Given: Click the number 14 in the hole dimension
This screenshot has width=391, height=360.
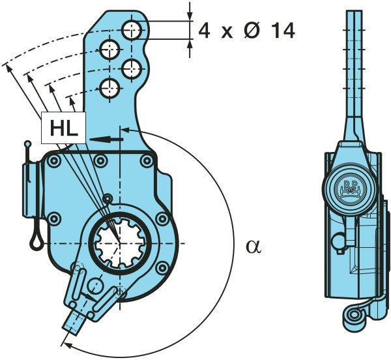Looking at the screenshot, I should click(282, 31).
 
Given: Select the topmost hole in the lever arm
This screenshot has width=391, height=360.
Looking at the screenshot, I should click(133, 29).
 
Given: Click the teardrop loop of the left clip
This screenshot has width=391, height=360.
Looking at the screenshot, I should click(36, 239).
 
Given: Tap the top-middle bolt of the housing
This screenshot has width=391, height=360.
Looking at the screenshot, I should click(100, 160).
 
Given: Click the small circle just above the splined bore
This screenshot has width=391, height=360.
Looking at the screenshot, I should click(108, 199).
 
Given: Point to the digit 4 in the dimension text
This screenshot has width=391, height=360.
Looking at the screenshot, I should click(205, 31).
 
